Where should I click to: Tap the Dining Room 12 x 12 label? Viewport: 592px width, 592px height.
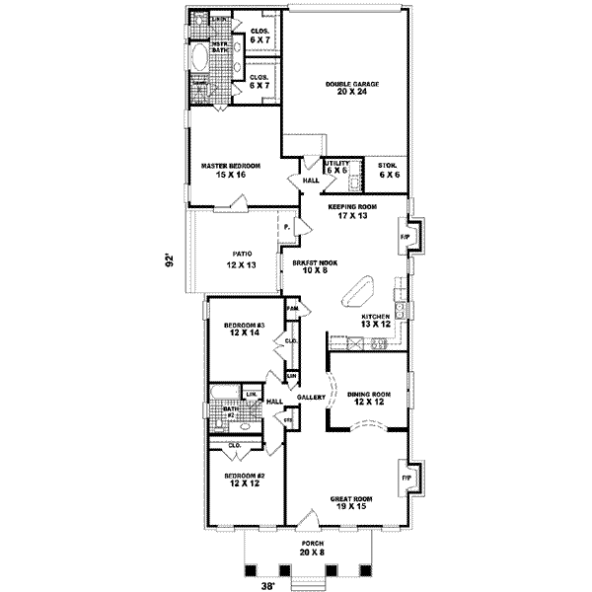click(369, 399)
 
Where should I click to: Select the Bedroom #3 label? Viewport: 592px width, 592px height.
click(243, 329)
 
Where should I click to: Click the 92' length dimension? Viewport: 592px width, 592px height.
click(170, 261)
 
